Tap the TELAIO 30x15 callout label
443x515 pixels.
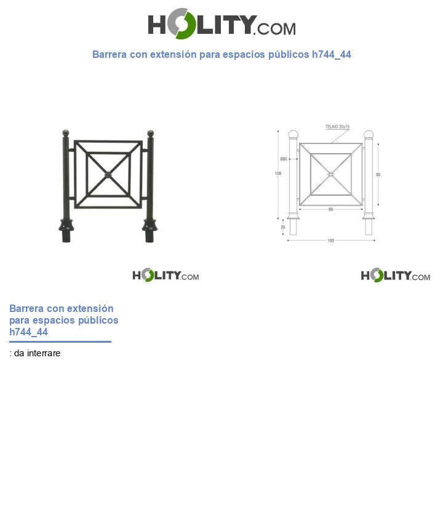337,127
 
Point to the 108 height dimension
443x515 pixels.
278,174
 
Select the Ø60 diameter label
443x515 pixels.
284,159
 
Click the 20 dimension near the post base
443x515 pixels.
283,227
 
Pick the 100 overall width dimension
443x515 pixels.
330,241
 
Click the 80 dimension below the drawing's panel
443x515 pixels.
330,209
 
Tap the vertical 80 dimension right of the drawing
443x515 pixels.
378,175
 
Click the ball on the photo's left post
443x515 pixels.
66,133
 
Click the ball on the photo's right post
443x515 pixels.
150,133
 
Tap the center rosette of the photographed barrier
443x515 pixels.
108,175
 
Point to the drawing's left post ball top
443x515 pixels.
293,135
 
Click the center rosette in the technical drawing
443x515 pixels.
330,174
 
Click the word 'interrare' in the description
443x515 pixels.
43,353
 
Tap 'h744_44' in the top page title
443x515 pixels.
331,54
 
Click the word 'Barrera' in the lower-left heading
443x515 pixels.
26,308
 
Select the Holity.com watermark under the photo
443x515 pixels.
166,275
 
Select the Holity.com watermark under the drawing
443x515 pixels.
395,275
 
